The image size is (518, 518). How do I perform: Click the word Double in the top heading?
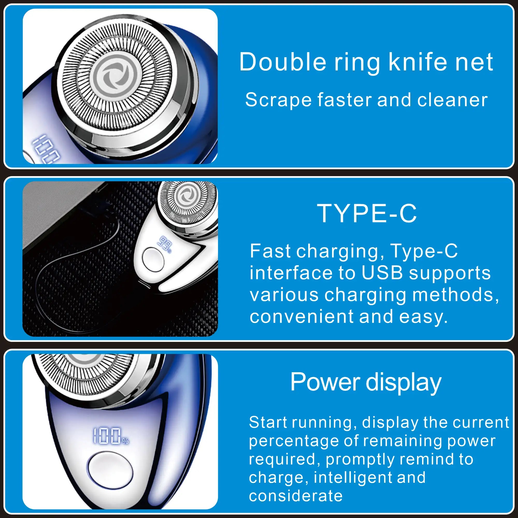[x=282, y=62]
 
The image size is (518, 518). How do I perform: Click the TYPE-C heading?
[x=367, y=213]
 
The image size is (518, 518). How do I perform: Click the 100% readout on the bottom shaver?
[x=111, y=436]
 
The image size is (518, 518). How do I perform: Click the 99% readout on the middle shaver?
[x=165, y=244]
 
